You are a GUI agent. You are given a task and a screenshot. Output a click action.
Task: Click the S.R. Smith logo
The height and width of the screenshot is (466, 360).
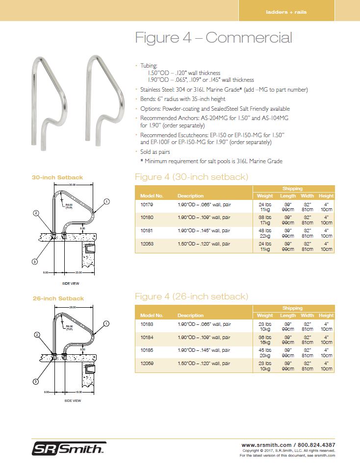[69, 448]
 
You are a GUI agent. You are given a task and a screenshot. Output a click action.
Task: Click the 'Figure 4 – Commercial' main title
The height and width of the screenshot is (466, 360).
[213, 38]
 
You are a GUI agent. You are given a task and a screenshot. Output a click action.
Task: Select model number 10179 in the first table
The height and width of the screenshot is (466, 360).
[147, 204]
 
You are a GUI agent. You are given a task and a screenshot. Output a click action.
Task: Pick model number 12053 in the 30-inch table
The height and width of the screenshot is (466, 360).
[147, 243]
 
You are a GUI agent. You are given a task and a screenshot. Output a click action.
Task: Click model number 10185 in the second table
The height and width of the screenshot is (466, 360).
[147, 350]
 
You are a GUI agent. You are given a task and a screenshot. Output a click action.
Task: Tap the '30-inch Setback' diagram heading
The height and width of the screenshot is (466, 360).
[57, 177]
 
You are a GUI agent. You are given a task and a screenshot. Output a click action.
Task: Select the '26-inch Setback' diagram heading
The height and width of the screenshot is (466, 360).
[58, 298]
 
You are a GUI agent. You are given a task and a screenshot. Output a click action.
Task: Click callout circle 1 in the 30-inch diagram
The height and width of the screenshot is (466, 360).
[106, 201]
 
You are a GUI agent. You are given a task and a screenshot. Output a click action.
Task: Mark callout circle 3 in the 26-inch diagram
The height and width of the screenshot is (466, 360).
[35, 381]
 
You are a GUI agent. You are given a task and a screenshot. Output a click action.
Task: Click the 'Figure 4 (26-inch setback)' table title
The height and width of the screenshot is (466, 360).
[191, 296]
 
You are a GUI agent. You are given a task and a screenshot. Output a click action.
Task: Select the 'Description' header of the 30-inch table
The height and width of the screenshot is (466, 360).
[190, 196]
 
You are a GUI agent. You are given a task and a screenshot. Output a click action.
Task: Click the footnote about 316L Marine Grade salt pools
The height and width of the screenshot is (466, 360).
[211, 161]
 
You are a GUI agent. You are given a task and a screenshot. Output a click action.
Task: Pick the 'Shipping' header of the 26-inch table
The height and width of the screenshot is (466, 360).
[292, 308]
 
